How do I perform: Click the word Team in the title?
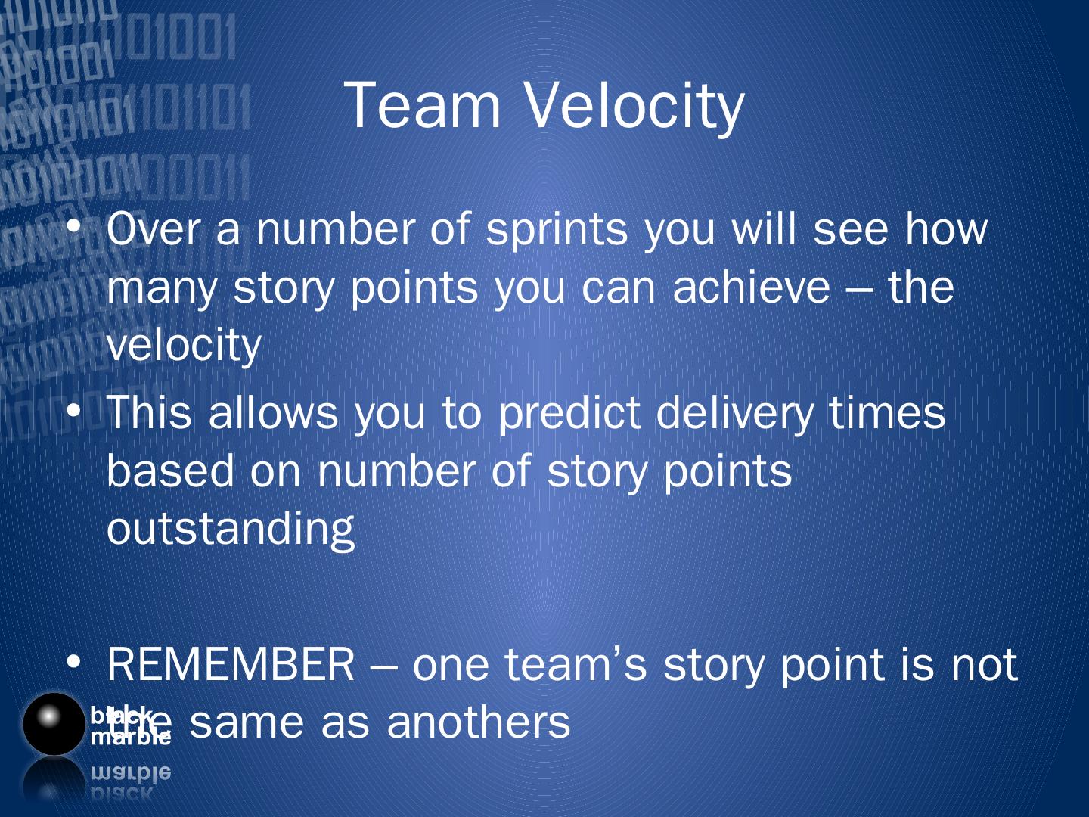422,105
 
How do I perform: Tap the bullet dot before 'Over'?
73,226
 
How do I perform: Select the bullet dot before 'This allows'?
73,410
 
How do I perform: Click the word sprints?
557,231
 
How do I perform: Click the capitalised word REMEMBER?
231,664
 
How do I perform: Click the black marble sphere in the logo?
54,724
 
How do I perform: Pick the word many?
163,290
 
